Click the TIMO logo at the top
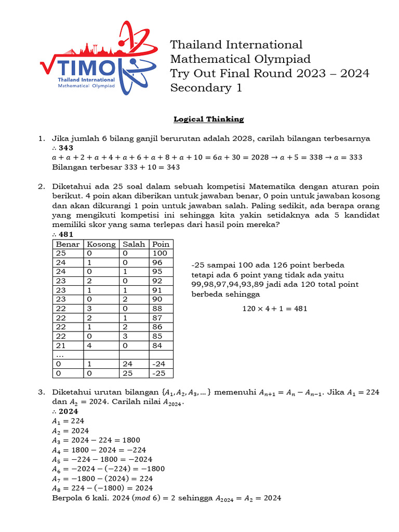point(98,58)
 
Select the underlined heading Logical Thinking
point(208,119)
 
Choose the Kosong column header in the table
point(101,244)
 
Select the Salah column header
point(134,244)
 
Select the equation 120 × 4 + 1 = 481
point(275,308)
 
